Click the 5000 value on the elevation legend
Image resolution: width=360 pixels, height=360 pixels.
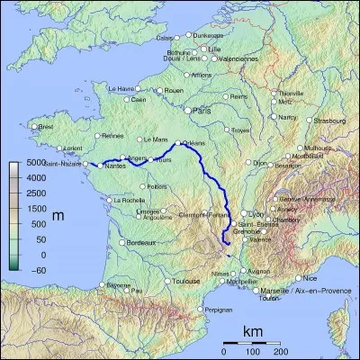click(x=33, y=163)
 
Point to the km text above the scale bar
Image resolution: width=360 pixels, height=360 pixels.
click(x=253, y=333)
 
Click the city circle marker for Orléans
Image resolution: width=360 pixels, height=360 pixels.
click(x=176, y=143)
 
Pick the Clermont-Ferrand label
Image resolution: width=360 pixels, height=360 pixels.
click(x=207, y=214)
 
